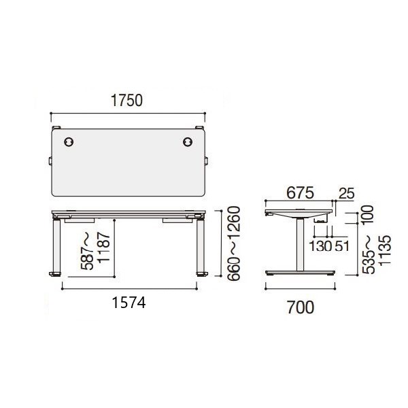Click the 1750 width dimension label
click(127, 101)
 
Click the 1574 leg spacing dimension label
click(129, 303)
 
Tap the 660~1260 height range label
click(233, 243)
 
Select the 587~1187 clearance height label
click(96, 251)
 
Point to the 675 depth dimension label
click(301, 193)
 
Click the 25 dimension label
click(347, 194)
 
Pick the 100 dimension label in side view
click(368, 215)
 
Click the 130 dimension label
click(320, 246)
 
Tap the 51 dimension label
click(341, 246)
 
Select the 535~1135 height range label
click(377, 254)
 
